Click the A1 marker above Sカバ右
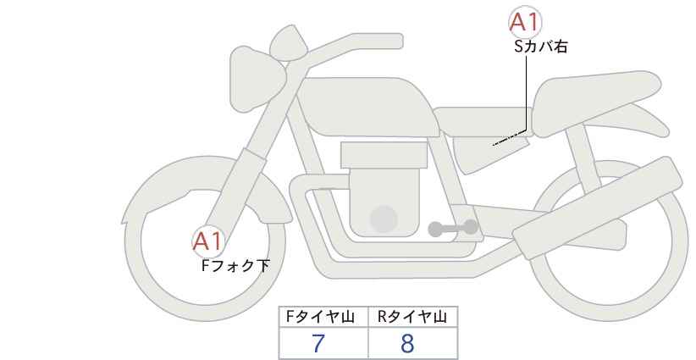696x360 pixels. click(525, 22)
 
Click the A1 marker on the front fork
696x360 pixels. click(207, 242)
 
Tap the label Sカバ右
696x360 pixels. click(541, 47)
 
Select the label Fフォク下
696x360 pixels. click(235, 265)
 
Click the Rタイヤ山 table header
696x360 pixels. click(413, 317)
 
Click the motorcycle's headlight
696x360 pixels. click(257, 79)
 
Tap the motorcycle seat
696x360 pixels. click(594, 102)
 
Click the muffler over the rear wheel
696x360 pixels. click(598, 208)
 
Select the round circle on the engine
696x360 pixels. click(384, 219)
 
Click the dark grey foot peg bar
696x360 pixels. click(453, 228)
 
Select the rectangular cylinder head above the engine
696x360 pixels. click(384, 155)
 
